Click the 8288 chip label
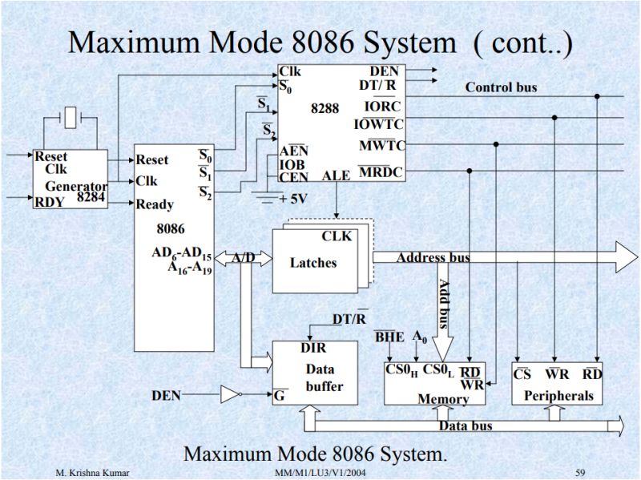click(325, 108)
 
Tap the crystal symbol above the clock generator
click(72, 119)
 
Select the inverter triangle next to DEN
click(230, 394)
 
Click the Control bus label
click(501, 87)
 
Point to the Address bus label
click(433, 257)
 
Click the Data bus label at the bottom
click(466, 426)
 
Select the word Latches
click(313, 262)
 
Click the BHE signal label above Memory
click(389, 337)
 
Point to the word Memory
click(443, 398)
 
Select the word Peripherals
click(558, 395)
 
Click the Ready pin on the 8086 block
click(155, 204)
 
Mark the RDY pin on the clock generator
click(48, 202)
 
